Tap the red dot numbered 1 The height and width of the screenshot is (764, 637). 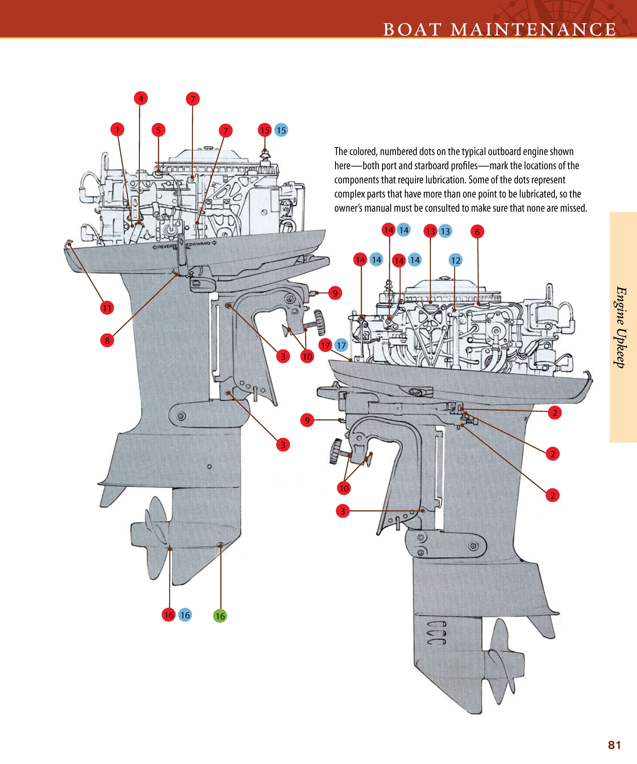(117, 129)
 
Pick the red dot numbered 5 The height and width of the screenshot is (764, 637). (158, 130)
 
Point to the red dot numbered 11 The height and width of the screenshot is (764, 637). (107, 308)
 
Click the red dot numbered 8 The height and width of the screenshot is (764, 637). (107, 341)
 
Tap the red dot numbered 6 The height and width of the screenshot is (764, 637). (477, 232)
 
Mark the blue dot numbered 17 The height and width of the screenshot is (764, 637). (341, 345)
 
